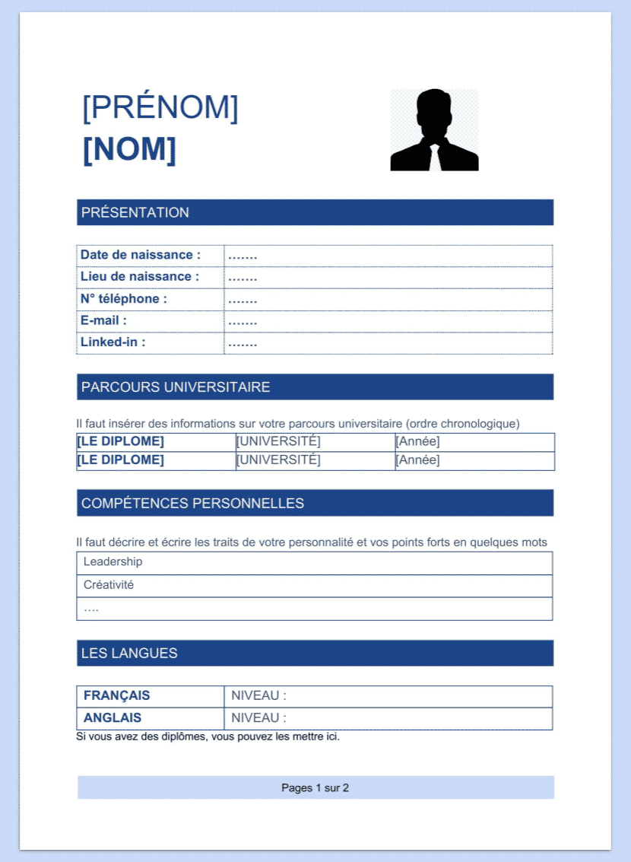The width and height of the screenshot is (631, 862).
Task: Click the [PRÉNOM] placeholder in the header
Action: [x=160, y=108]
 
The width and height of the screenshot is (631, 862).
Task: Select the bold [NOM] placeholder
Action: [x=129, y=150]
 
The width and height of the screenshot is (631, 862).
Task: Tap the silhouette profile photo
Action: [x=434, y=130]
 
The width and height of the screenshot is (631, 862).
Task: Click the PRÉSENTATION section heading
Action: [x=135, y=212]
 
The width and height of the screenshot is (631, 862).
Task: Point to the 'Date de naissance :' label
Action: [x=141, y=255]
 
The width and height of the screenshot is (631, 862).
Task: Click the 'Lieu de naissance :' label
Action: [x=140, y=277]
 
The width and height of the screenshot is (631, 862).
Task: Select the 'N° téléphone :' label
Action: [x=124, y=299]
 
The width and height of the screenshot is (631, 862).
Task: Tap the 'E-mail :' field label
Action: [x=103, y=320]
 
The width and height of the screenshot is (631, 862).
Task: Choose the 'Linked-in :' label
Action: [x=113, y=342]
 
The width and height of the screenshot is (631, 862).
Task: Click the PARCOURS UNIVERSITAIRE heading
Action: [x=176, y=387]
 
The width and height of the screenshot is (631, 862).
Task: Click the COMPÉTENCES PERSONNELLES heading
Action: [x=192, y=503]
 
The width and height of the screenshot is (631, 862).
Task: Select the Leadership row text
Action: [x=113, y=561]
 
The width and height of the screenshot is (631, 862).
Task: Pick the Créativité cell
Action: [x=109, y=585]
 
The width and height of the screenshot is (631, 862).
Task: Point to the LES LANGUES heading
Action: [x=129, y=653]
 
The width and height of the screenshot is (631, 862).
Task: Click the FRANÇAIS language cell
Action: [x=117, y=695]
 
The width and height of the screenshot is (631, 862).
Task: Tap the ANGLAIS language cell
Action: [x=113, y=717]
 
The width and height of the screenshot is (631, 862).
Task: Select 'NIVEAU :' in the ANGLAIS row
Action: [x=259, y=717]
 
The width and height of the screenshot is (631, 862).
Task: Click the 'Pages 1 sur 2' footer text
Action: [x=315, y=787]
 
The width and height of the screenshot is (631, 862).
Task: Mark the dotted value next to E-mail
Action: [x=243, y=321]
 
